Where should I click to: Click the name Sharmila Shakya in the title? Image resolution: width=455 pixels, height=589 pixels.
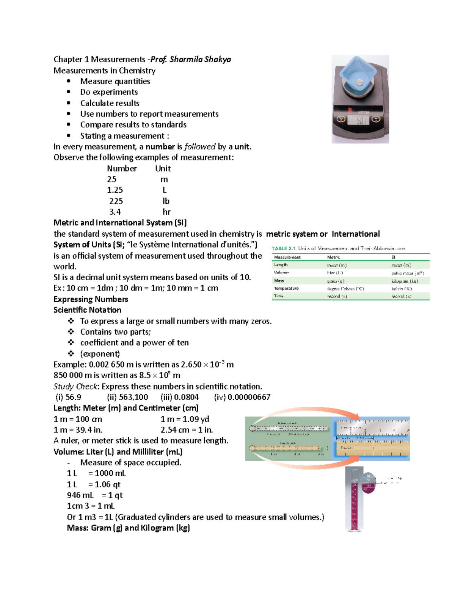point(200,59)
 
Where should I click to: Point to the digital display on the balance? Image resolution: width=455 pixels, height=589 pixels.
point(358,120)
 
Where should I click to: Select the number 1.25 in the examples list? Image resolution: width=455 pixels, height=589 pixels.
point(115,190)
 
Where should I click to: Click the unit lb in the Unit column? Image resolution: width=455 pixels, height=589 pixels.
point(166,201)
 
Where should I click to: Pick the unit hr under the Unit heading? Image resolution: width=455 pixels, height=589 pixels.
point(166,212)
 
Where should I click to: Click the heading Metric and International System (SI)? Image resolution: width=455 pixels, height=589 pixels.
point(120,223)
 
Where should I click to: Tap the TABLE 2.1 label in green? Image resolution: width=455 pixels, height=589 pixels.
point(283,248)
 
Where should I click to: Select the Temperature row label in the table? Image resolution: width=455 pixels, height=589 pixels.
point(286,289)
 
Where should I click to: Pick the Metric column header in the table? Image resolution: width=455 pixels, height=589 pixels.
point(333,257)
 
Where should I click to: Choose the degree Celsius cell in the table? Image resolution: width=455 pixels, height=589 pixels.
point(345,289)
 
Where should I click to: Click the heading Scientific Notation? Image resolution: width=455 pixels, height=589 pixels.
point(87,310)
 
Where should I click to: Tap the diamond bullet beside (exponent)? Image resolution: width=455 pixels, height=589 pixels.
point(71,353)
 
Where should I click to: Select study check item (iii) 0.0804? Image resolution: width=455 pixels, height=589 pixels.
point(179,397)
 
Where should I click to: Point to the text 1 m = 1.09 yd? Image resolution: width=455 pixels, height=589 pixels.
point(185,419)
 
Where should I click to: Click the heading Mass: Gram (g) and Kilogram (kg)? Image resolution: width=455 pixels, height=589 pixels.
point(128,528)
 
